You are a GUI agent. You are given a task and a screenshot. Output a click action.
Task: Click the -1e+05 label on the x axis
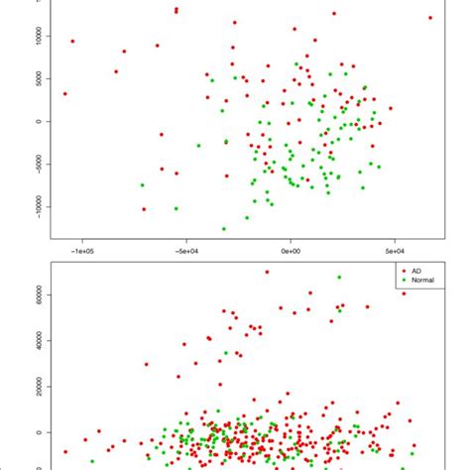81,252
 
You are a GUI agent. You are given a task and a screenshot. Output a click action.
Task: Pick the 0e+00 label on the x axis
290,252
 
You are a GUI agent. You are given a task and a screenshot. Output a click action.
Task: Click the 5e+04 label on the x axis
394,252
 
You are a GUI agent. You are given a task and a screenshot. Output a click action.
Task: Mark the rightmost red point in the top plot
429,18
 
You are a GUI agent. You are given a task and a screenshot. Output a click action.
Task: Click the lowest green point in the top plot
224,229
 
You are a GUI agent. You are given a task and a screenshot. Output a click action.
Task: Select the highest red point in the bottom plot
267,272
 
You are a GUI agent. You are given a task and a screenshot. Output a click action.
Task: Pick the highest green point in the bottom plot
339,278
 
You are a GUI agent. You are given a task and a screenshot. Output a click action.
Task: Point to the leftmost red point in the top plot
65,94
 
